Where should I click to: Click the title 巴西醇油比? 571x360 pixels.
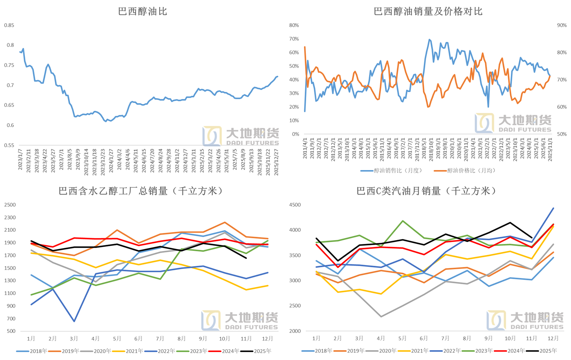click(x=143, y=11)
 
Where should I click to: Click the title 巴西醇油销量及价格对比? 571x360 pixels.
click(x=428, y=11)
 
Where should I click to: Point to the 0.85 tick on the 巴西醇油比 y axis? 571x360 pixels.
click(x=9, y=25)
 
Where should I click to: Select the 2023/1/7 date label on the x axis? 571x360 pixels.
click(x=20, y=159)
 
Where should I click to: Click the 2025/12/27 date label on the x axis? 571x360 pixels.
click(x=276, y=162)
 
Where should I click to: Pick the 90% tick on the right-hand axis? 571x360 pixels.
click(x=562, y=25)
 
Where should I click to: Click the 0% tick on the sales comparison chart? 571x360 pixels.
click(x=296, y=134)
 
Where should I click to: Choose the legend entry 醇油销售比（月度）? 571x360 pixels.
click(x=392, y=170)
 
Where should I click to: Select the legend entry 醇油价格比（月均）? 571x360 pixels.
click(x=465, y=170)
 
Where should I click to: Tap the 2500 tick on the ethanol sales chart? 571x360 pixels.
click(x=10, y=205)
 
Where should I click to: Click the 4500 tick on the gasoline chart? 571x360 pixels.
click(x=295, y=205)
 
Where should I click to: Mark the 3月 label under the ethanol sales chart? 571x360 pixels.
click(x=74, y=338)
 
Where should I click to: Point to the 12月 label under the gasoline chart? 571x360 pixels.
click(x=553, y=338)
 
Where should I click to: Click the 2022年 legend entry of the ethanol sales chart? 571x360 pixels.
click(x=160, y=351)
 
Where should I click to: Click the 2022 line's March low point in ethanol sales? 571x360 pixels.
click(x=74, y=321)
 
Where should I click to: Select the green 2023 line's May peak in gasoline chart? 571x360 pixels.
click(x=403, y=221)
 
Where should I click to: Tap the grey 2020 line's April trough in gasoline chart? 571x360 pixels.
click(x=381, y=317)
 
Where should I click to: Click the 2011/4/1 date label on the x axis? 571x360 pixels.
click(x=305, y=149)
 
